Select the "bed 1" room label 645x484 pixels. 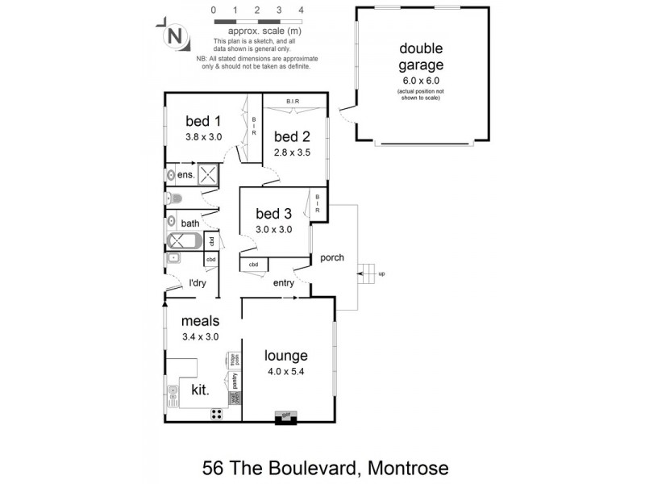coord(203,121)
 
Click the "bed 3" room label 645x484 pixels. coord(273,214)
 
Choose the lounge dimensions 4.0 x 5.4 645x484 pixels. coord(286,372)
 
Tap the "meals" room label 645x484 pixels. coord(200,321)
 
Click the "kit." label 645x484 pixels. coord(200,390)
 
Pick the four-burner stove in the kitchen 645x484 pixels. coord(218,415)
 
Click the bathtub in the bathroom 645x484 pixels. coord(185,240)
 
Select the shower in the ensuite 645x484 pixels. coord(208,174)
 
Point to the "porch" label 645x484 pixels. coord(332,258)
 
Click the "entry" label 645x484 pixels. coord(284,282)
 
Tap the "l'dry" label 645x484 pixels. coord(198,282)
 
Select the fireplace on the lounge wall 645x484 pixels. coord(284,417)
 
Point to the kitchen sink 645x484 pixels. coord(173,396)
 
